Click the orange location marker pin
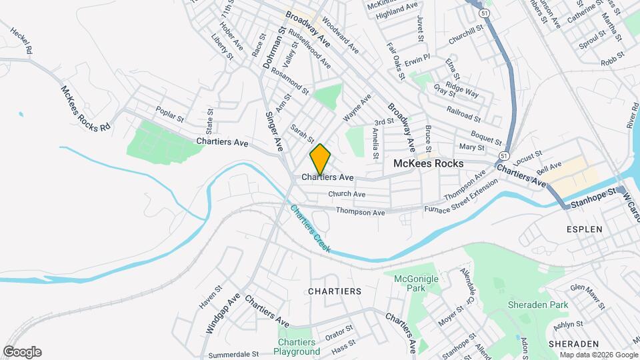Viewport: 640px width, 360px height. [320, 159]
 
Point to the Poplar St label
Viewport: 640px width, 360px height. [169, 114]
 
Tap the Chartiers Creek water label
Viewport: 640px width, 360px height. [310, 228]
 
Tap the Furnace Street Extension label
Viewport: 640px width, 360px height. [461, 201]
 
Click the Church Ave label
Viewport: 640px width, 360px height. [347, 194]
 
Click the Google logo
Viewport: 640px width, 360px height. [22, 352]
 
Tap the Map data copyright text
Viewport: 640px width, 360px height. [597, 355]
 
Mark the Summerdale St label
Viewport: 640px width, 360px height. [233, 354]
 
